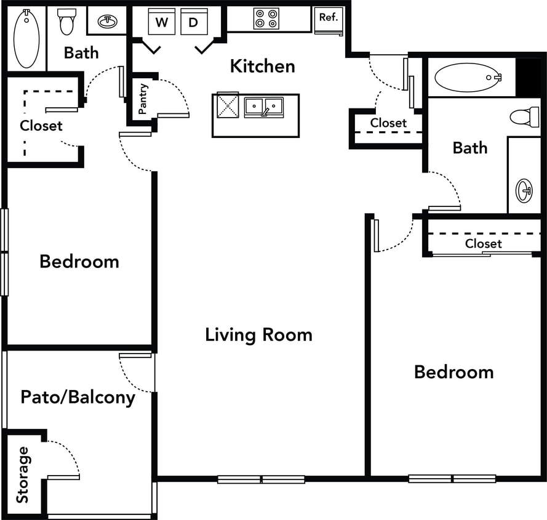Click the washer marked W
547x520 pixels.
[161, 22]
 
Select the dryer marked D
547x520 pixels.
[194, 22]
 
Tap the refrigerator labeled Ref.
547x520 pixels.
[329, 20]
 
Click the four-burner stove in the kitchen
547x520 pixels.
[266, 18]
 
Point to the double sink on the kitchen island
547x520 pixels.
[263, 107]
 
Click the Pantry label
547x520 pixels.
[143, 100]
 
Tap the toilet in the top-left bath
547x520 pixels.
[66, 22]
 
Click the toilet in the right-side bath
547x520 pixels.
[524, 116]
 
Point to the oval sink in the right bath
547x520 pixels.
[524, 190]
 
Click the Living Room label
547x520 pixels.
[258, 335]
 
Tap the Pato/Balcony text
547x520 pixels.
[78, 397]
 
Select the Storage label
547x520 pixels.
[23, 474]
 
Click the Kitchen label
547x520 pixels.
[262, 66]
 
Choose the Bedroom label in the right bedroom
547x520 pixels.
[453, 372]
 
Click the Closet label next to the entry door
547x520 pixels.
[388, 123]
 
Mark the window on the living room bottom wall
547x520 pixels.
[262, 479]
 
